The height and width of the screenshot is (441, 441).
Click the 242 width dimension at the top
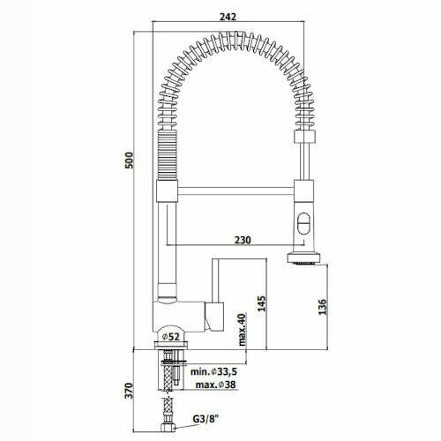coord(228,17)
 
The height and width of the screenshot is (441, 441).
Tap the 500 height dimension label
coord(129,161)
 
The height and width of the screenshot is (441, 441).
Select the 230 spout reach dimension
coord(243,240)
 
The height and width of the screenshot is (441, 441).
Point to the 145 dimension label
coord(261,303)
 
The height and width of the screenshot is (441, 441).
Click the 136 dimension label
coord(323,307)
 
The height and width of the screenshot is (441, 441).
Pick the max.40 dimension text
coord(242,330)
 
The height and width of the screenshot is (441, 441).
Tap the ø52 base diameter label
coord(171,336)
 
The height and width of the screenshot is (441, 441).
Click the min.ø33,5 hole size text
coord(213,371)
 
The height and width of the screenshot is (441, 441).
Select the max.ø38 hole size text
coord(216,385)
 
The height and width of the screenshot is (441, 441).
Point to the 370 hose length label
coord(129,391)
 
